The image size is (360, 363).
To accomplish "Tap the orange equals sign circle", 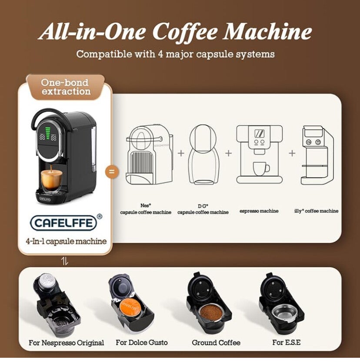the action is (112, 172).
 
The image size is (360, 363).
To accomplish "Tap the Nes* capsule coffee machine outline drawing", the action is (150, 155).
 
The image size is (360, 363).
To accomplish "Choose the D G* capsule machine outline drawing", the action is (203, 155).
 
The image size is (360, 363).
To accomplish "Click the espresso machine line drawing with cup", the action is (260, 155).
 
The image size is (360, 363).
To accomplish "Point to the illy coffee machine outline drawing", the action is (317, 155).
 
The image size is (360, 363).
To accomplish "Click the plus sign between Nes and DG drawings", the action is (181, 153).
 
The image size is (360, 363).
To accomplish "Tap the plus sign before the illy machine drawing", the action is (292, 153).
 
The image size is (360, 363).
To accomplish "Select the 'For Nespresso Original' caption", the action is (67, 343).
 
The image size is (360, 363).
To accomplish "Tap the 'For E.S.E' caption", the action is (286, 342).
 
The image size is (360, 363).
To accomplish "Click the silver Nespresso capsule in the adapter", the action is (45, 281).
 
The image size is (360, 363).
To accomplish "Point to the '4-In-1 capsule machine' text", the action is (66, 242).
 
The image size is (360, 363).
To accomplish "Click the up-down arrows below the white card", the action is (64, 262).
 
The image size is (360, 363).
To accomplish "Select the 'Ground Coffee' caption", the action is (216, 343).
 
